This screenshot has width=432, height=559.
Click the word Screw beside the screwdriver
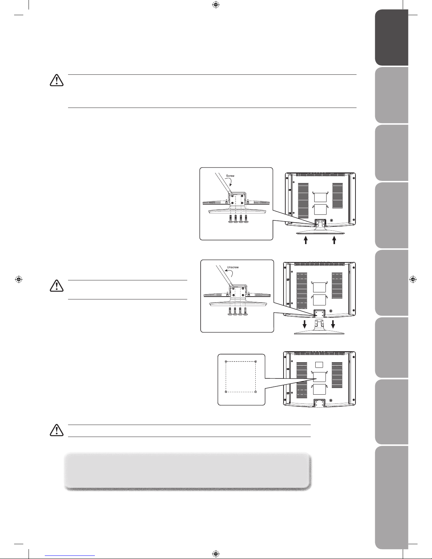pos(230,176)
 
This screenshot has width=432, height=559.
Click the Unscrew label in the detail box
pos(233,267)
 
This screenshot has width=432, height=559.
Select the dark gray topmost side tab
pos(391,37)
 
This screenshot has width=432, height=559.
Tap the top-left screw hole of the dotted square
pos(226,361)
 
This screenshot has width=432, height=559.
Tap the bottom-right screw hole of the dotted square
pos(255,392)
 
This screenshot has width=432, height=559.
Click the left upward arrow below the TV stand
pos(306,240)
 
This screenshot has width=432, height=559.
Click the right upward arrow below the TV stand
pos(334,240)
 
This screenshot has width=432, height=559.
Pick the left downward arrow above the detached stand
pos(305,324)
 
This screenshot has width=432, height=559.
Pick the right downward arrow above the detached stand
pos(333,324)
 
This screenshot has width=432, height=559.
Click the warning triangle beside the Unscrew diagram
pos(56,286)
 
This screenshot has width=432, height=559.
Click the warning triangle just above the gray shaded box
pos(56,430)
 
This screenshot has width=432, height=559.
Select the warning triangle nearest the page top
pos(56,80)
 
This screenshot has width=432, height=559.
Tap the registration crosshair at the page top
pos(216,5)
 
